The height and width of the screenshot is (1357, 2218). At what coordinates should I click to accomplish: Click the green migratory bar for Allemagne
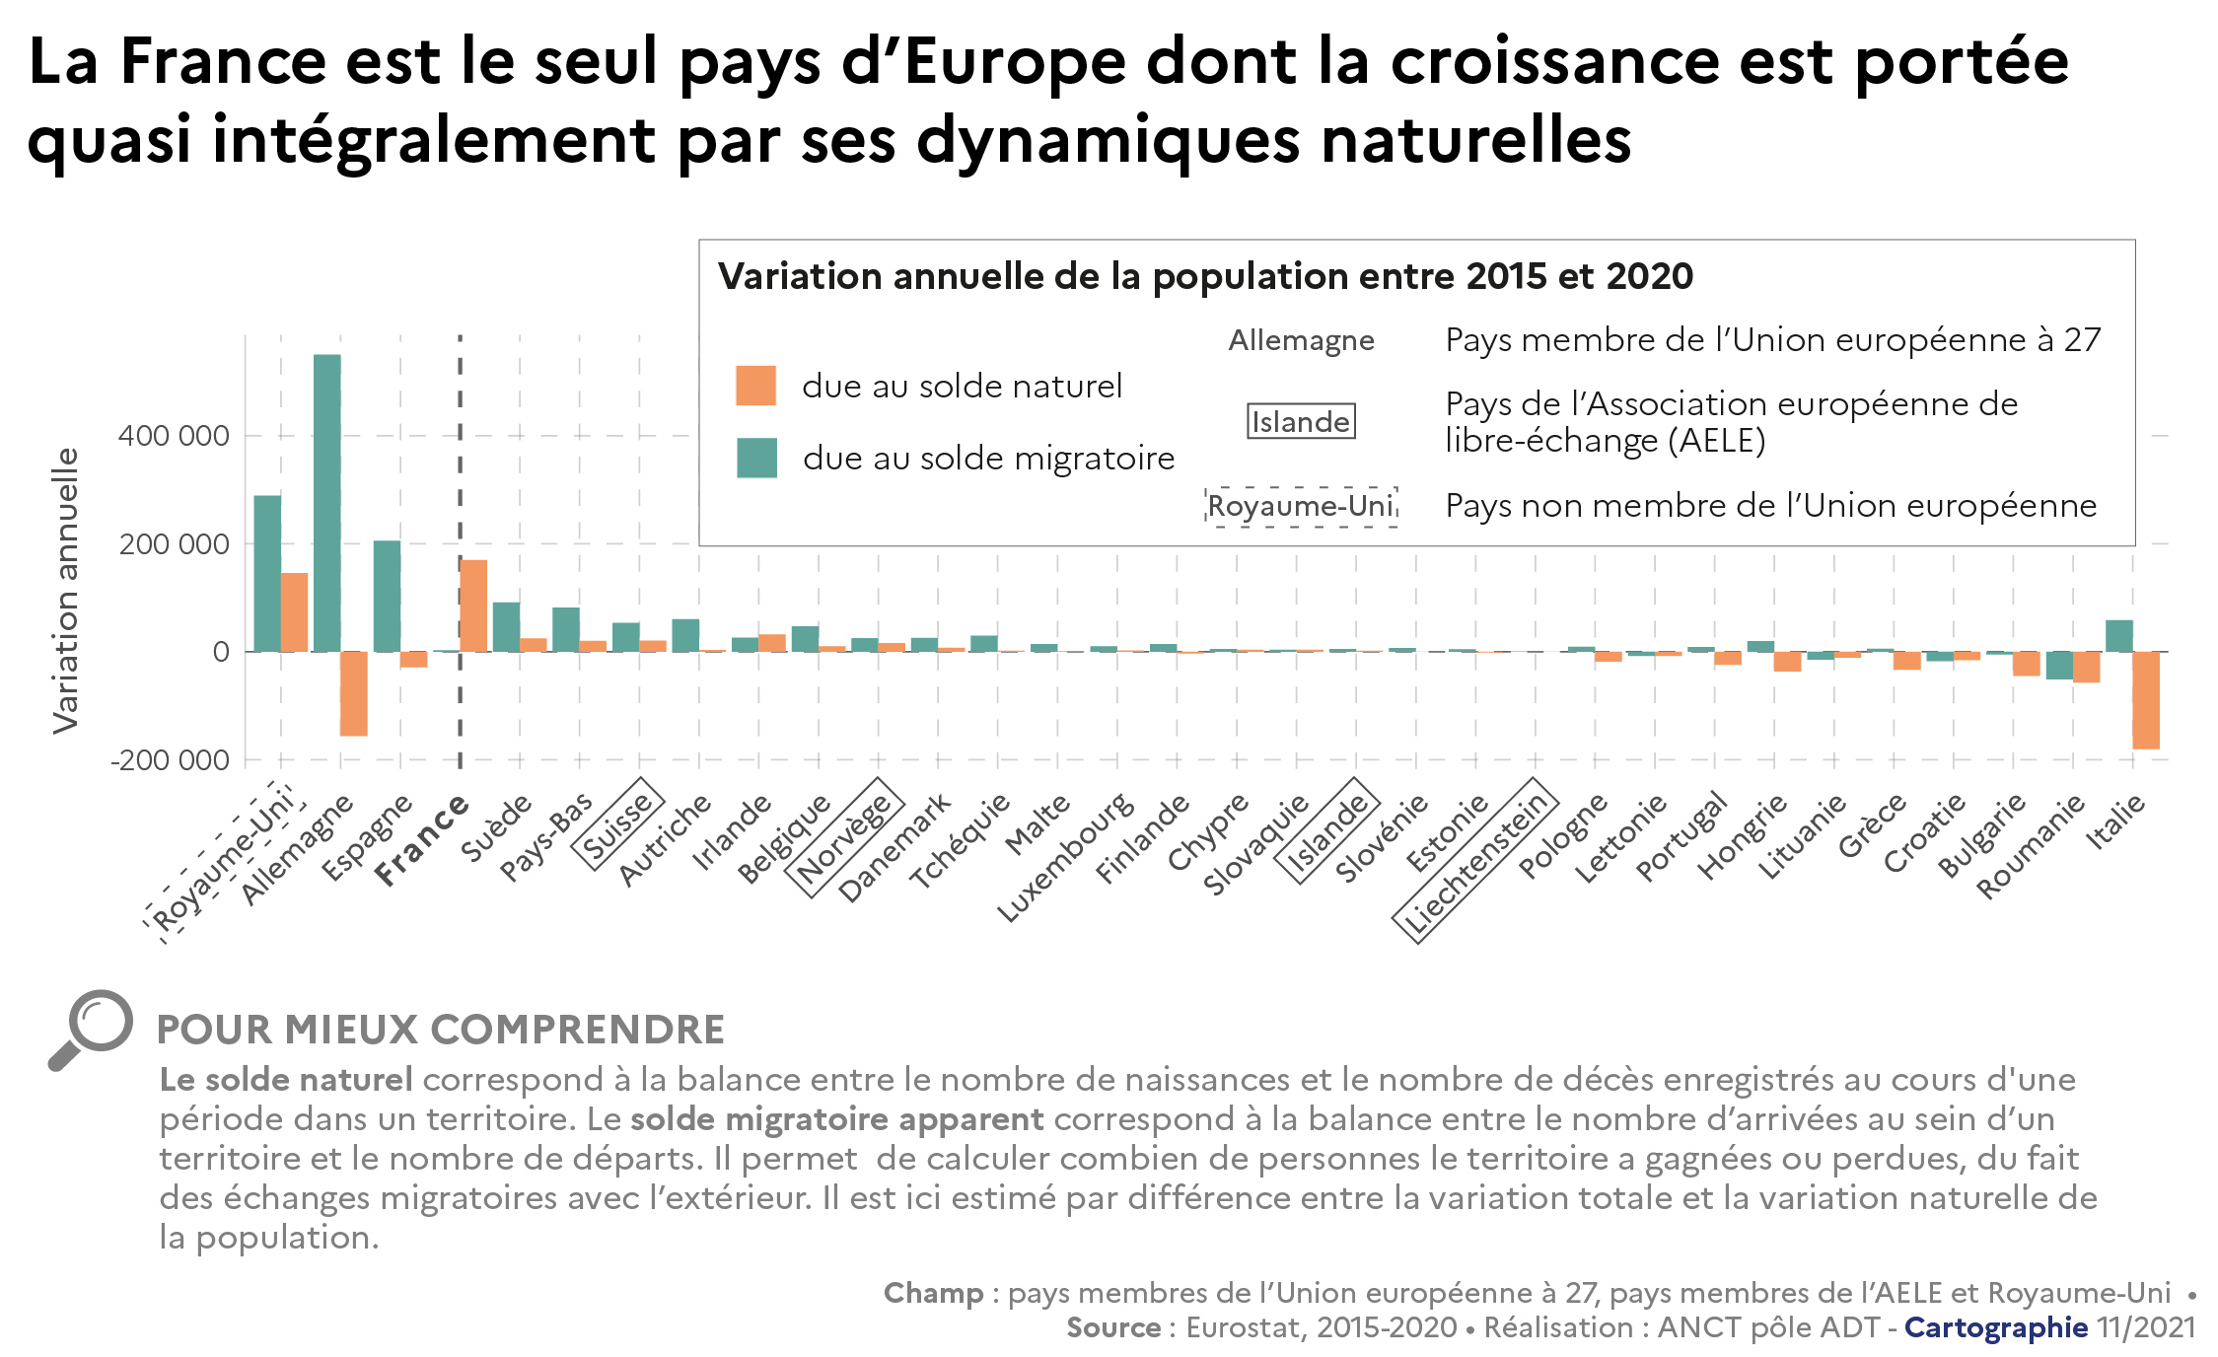tap(327, 503)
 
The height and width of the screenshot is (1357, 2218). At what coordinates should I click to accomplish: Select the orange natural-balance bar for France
tap(473, 606)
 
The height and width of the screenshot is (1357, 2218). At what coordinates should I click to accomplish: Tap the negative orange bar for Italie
tap(2145, 700)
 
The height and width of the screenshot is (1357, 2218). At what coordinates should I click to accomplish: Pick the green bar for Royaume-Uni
tap(267, 573)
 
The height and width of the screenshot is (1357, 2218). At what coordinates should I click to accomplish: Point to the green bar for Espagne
tap(387, 596)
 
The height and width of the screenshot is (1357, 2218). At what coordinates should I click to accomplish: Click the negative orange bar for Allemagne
tap(354, 693)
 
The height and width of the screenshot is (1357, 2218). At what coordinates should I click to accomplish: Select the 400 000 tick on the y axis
tap(174, 436)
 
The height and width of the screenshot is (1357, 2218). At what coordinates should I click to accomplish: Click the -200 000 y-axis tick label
tap(170, 760)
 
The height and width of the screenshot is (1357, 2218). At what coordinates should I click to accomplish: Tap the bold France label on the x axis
tap(422, 840)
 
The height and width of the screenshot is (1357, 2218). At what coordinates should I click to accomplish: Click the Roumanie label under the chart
tap(2031, 846)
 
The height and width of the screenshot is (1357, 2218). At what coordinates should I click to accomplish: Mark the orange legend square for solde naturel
tap(755, 386)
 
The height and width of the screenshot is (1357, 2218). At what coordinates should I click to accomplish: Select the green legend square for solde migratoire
tap(756, 458)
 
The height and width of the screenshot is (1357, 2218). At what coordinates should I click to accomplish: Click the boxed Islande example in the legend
tap(1301, 422)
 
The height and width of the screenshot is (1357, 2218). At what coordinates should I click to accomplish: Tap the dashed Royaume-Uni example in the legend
tap(1301, 507)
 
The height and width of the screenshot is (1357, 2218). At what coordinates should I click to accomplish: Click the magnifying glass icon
tap(91, 1029)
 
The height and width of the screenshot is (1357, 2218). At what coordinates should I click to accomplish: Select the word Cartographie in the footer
tap(1995, 1327)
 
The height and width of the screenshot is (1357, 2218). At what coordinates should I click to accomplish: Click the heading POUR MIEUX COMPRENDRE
tap(440, 1030)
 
